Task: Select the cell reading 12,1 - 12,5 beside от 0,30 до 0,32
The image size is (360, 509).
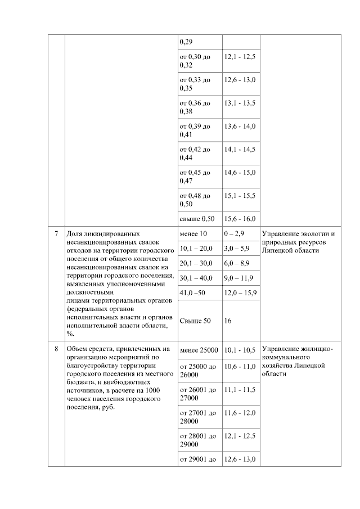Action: click(240, 57)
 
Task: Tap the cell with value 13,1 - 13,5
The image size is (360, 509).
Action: click(240, 103)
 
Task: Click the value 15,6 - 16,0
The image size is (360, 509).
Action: click(240, 219)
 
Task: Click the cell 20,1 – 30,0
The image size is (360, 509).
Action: click(196, 263)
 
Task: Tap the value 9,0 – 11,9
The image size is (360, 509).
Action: click(238, 278)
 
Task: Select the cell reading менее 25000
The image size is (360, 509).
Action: click(199, 350)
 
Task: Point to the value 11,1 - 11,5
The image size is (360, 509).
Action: click(240, 389)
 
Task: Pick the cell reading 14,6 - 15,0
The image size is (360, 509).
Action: click(240, 172)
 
